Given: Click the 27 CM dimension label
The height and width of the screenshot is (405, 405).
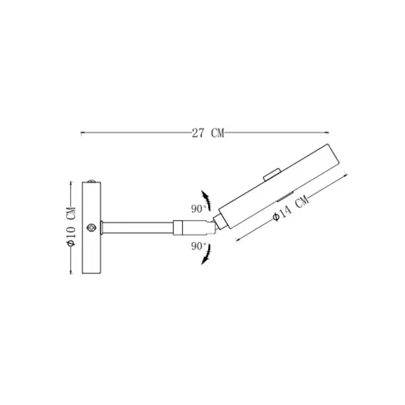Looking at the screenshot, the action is coord(208,133).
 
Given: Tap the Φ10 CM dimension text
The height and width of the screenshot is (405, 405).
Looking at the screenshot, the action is coord(71,227).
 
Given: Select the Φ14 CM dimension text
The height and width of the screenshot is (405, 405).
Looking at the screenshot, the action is coord(291,208).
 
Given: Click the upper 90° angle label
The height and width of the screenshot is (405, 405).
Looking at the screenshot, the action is coord(198,209).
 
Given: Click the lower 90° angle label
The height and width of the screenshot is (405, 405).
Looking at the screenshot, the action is coord(198,246).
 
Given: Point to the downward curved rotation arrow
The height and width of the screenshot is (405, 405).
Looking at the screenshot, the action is coord(207,255).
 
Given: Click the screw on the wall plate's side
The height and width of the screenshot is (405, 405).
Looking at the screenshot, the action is coord(91,227).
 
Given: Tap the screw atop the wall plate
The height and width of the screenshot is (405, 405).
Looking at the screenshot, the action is coord(91,181).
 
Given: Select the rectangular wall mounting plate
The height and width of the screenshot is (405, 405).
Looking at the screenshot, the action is coord(91,227).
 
